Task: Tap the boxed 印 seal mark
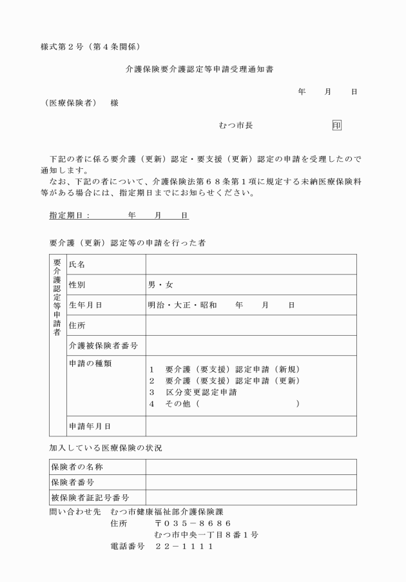tap(336, 124)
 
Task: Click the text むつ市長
tap(236, 125)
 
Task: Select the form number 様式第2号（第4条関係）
tap(90, 46)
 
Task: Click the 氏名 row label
tap(77, 264)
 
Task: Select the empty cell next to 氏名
tap(251, 264)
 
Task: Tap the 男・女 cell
tap(160, 284)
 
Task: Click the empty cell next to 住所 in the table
tap(251, 325)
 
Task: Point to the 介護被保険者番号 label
tap(103, 345)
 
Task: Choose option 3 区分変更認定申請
tap(193, 392)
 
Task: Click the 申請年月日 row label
tap(90, 426)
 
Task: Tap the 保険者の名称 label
tap(77, 467)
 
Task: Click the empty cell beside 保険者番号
tap(251, 482)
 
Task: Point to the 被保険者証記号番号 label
tap(90, 498)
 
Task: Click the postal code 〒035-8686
tap(193, 523)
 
